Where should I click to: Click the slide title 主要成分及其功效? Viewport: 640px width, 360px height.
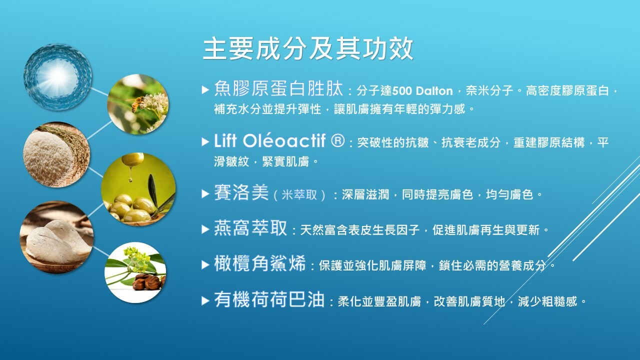click(308, 49)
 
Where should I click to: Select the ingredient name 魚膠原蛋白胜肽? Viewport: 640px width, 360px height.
click(278, 88)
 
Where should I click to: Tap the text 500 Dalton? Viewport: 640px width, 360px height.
click(422, 91)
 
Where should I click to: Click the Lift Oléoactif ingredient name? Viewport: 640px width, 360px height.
click(270, 140)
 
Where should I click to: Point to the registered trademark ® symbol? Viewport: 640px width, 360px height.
click(337, 140)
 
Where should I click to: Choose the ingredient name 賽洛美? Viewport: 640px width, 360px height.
click(241, 192)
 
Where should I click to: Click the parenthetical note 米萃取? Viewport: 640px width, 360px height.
click(299, 195)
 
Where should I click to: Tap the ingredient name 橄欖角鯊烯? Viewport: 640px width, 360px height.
click(260, 263)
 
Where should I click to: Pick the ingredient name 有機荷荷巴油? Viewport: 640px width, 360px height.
click(269, 299)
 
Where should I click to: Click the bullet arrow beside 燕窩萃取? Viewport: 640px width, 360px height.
click(205, 229)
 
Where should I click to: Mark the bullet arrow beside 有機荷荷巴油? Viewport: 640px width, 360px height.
click(205, 300)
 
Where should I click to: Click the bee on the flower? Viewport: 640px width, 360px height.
click(136, 103)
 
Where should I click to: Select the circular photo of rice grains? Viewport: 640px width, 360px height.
click(56, 155)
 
